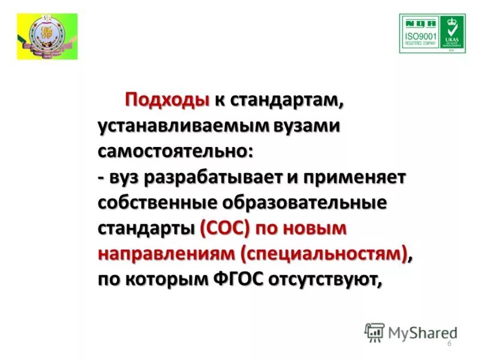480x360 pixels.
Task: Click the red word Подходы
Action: pyautogui.click(x=167, y=101)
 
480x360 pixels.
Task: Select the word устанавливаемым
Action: pyautogui.click(x=184, y=126)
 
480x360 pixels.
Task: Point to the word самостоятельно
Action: pyautogui.click(x=175, y=152)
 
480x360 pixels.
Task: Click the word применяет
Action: pyautogui.click(x=355, y=178)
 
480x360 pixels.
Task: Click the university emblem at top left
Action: pyautogui.click(x=46, y=36)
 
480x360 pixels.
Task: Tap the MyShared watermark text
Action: pyautogui.click(x=421, y=332)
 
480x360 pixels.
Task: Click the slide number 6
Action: pyautogui.click(x=449, y=343)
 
